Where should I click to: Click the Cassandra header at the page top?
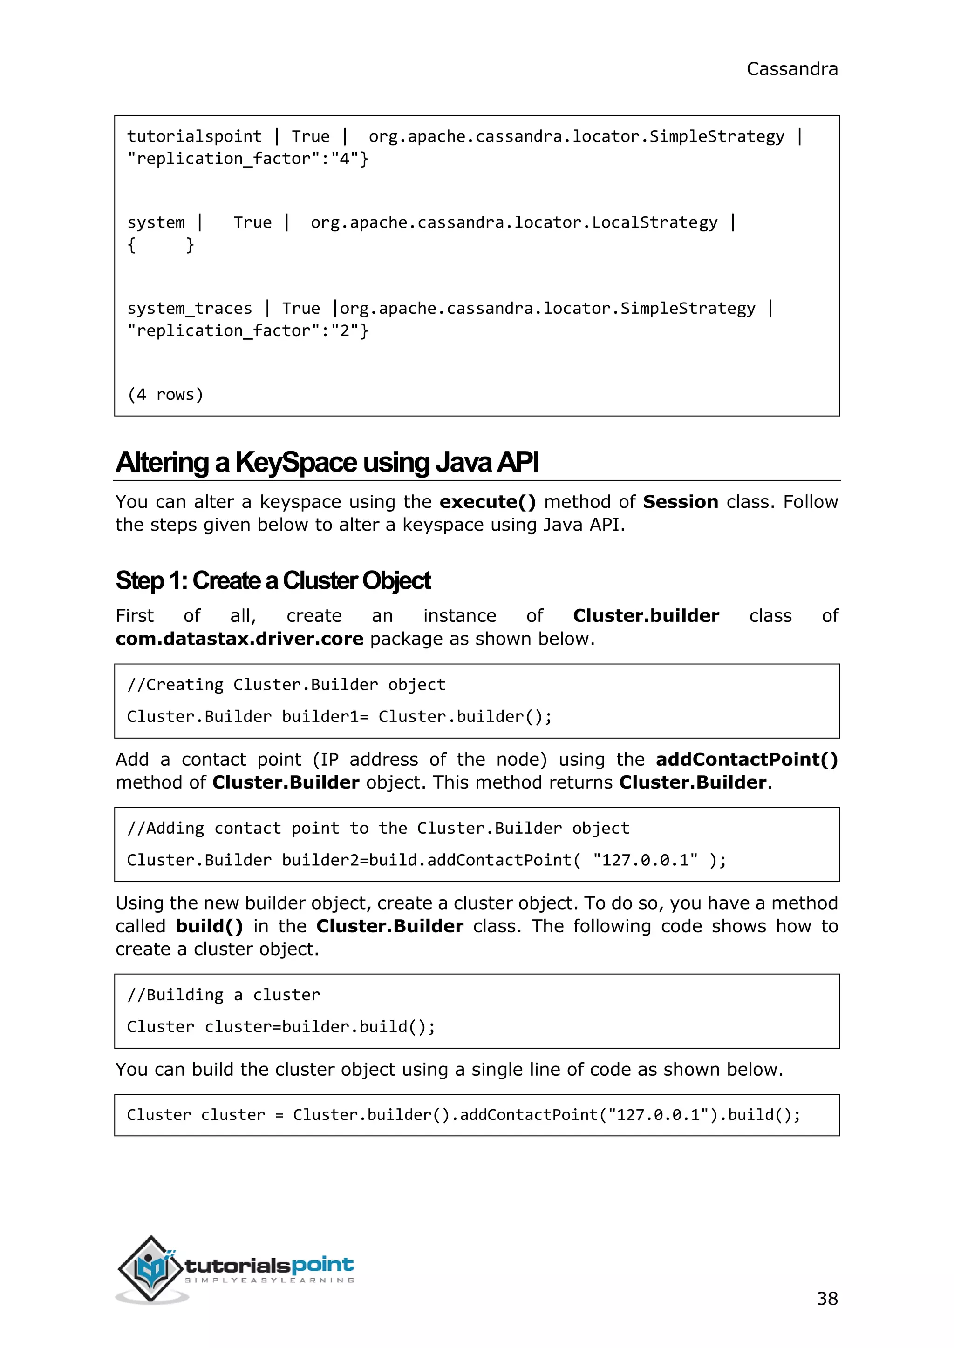791,69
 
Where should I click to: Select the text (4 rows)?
165,395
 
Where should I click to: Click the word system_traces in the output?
189,308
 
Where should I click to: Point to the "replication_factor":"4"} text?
247,159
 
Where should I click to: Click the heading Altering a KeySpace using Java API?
327,462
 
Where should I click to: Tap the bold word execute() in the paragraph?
488,502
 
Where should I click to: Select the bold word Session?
680,502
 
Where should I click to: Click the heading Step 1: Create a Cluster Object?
273,580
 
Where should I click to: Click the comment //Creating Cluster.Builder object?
286,685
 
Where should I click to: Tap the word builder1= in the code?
325,717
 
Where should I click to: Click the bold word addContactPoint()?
747,760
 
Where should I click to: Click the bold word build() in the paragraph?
209,926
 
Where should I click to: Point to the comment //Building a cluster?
223,995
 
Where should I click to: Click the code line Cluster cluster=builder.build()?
281,1027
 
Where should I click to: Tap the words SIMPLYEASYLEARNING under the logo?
270,1281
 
